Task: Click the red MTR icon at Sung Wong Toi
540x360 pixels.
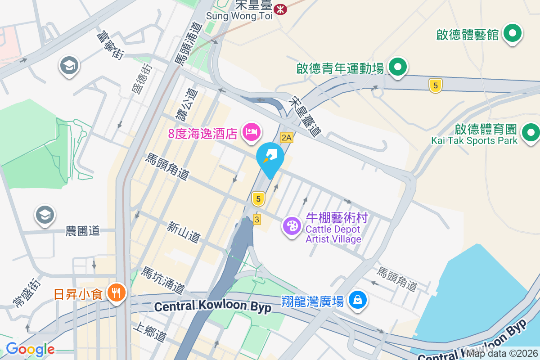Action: point(280,8)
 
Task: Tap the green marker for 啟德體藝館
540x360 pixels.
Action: point(512,33)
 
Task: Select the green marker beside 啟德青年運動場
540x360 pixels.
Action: point(397,67)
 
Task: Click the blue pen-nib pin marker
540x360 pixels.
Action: point(270,157)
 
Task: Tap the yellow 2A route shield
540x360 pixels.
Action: point(287,138)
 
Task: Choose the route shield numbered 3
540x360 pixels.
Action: point(257,220)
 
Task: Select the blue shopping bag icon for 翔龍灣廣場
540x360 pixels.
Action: point(358,299)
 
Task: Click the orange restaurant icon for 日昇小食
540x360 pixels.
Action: point(117,293)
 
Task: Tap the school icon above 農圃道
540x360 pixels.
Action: point(45,215)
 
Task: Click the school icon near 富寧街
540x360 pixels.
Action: point(69,66)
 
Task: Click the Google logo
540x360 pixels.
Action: point(30,349)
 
